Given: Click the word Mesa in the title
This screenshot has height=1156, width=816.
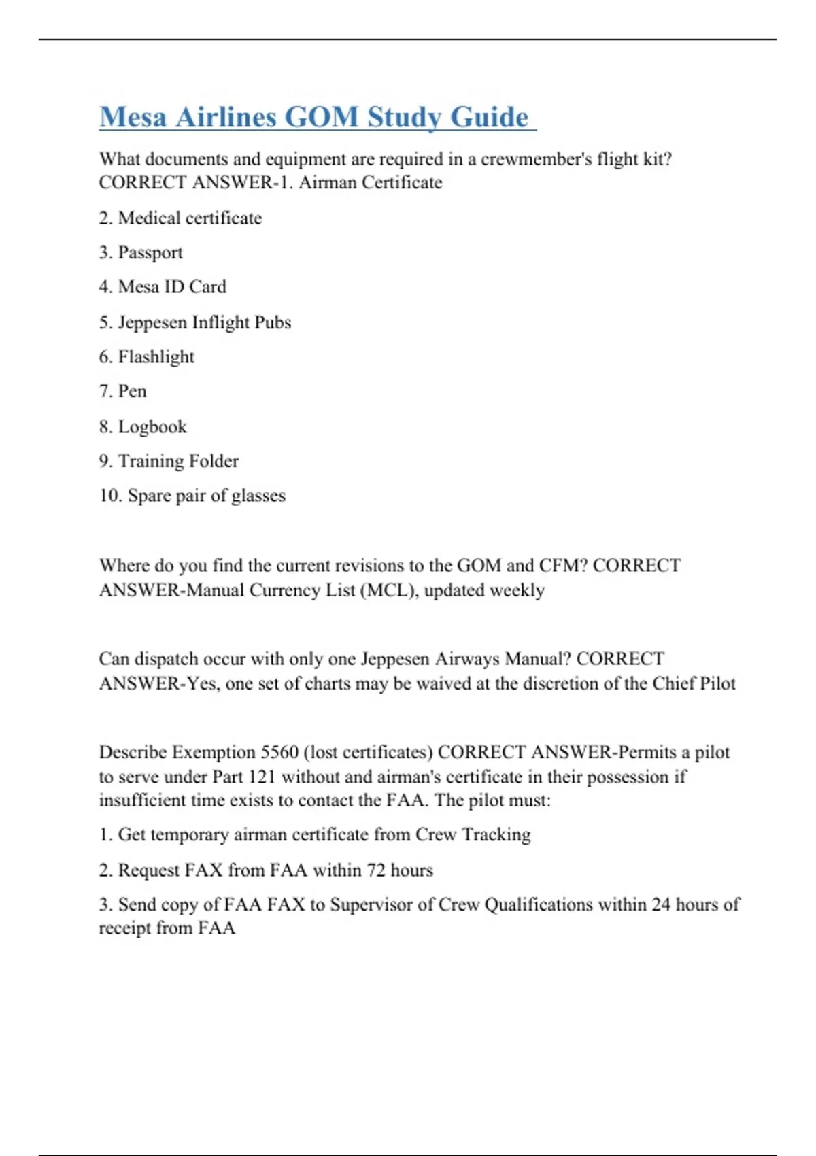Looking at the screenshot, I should pos(133,117).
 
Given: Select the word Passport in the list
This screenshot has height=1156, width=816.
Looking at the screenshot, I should pos(150,253).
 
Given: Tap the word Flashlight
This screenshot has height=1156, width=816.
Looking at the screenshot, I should pos(156,357).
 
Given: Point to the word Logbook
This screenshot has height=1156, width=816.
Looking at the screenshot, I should pos(152,427).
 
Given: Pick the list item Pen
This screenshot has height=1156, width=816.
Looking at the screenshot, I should pos(132,392).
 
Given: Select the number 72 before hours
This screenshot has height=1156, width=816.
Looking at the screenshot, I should pos(375,870).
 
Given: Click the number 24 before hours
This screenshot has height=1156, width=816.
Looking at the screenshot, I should pos(660,904).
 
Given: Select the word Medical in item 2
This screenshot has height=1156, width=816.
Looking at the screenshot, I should pos(149,218).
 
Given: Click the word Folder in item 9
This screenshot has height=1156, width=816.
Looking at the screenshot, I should pos(214,461).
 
